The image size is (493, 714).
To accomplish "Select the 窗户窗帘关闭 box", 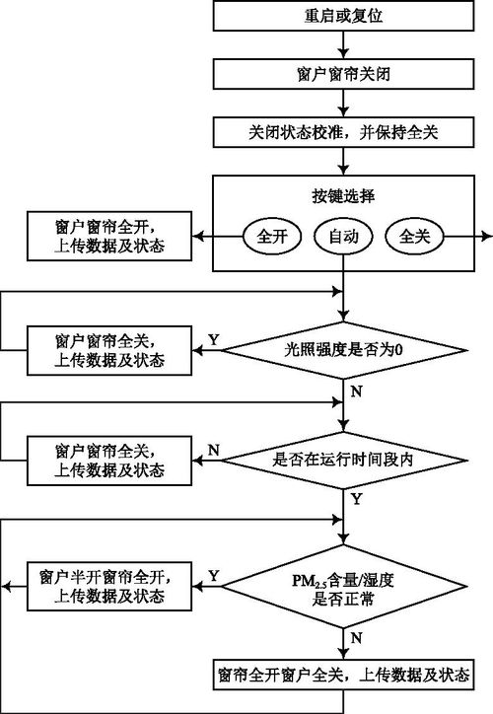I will point(344,73).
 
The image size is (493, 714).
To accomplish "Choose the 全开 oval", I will point(270,238).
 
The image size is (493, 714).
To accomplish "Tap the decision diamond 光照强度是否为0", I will point(344,348).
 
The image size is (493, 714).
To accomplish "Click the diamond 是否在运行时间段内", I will point(344,459).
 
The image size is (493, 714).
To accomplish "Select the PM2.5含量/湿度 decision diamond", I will point(344,589).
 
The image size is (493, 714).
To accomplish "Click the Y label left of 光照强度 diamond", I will point(213,339).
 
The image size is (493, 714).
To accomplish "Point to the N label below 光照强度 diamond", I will point(355,392).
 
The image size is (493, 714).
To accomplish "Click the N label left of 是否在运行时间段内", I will point(213,450).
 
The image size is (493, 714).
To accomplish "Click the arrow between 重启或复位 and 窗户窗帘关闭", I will point(344,44).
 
